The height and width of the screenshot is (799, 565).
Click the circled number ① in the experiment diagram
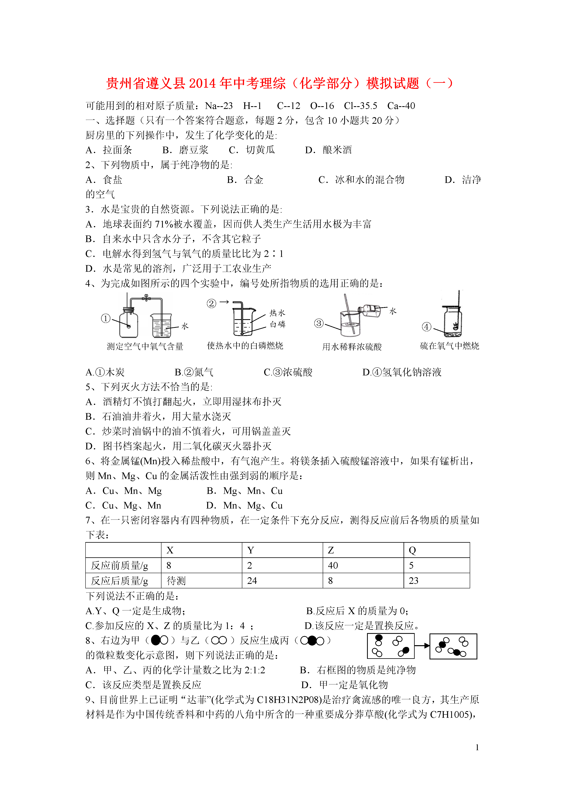pos(105,318)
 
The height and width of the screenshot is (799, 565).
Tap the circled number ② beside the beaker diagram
pos(211,303)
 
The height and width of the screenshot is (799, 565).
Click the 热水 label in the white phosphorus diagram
pos(277,313)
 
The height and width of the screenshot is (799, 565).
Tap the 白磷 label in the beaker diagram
pos(277,324)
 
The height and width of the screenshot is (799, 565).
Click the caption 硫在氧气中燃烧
pos(449,346)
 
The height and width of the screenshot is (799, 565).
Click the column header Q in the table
pos(413,550)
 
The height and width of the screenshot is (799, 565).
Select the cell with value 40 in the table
pos(333,566)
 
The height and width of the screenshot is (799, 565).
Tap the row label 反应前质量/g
pos(120,566)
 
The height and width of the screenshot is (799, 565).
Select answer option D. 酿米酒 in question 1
pos(328,150)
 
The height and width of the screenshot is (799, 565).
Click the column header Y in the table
pos(251,550)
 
